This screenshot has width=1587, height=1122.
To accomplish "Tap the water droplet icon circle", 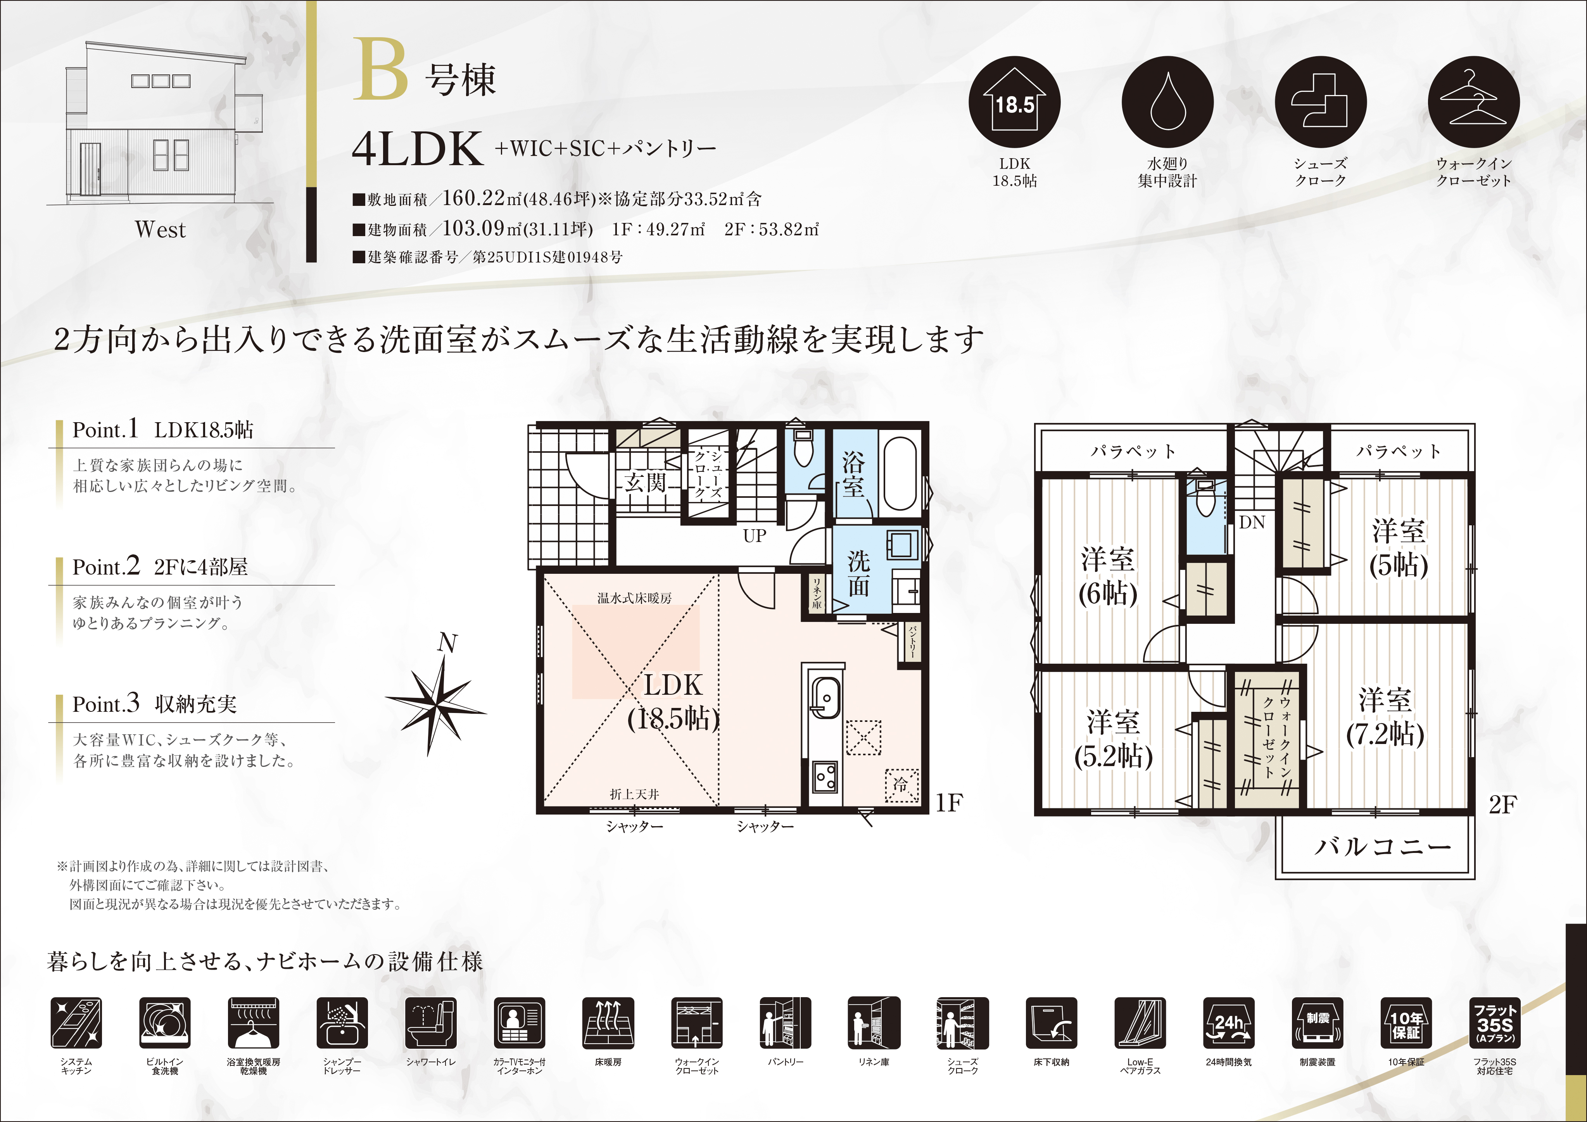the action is [x=1167, y=102].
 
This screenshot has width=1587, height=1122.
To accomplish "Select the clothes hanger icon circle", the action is [x=1474, y=102].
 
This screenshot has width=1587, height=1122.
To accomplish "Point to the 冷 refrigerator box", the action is [x=902, y=785].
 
